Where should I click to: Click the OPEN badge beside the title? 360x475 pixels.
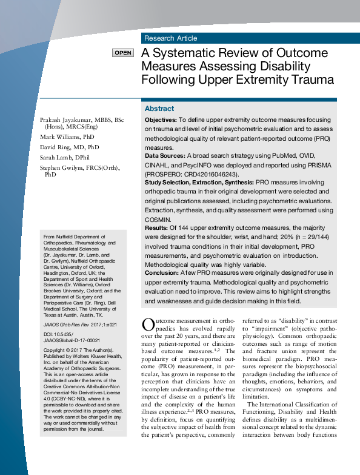pos(122,53)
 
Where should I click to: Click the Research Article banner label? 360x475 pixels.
pos(170,38)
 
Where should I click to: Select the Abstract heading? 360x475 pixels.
pos(159,109)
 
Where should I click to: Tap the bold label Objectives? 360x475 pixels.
pos(161,121)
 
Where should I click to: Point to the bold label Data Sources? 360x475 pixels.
pos(164,156)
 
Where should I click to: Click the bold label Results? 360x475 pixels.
pos(156,227)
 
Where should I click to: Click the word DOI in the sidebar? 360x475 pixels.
pos(50,335)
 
